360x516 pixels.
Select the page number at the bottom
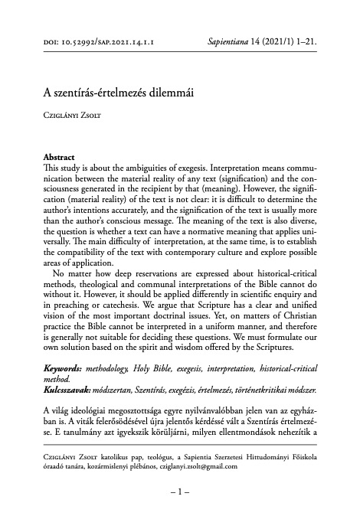click(180, 495)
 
